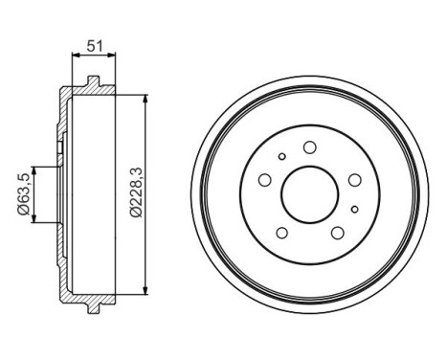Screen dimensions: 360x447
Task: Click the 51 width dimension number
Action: pyautogui.click(x=94, y=43)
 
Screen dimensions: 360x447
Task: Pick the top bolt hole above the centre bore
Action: pyautogui.click(x=309, y=147)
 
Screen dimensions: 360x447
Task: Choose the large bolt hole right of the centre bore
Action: pyautogui.click(x=352, y=179)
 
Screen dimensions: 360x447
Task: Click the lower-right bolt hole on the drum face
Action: pyautogui.click(x=336, y=232)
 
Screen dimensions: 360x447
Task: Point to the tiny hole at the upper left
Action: pyautogui.click(x=281, y=157)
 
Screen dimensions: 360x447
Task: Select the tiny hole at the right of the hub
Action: pyautogui.click(x=354, y=209)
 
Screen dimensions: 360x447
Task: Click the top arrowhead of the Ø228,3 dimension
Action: pyautogui.click(x=143, y=96)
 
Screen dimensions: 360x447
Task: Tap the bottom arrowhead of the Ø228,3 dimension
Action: pyautogui.click(x=143, y=291)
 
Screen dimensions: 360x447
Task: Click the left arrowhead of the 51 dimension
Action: pyautogui.click(x=75, y=56)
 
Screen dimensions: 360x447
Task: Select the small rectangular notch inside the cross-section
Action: pyautogui.click(x=59, y=147)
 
